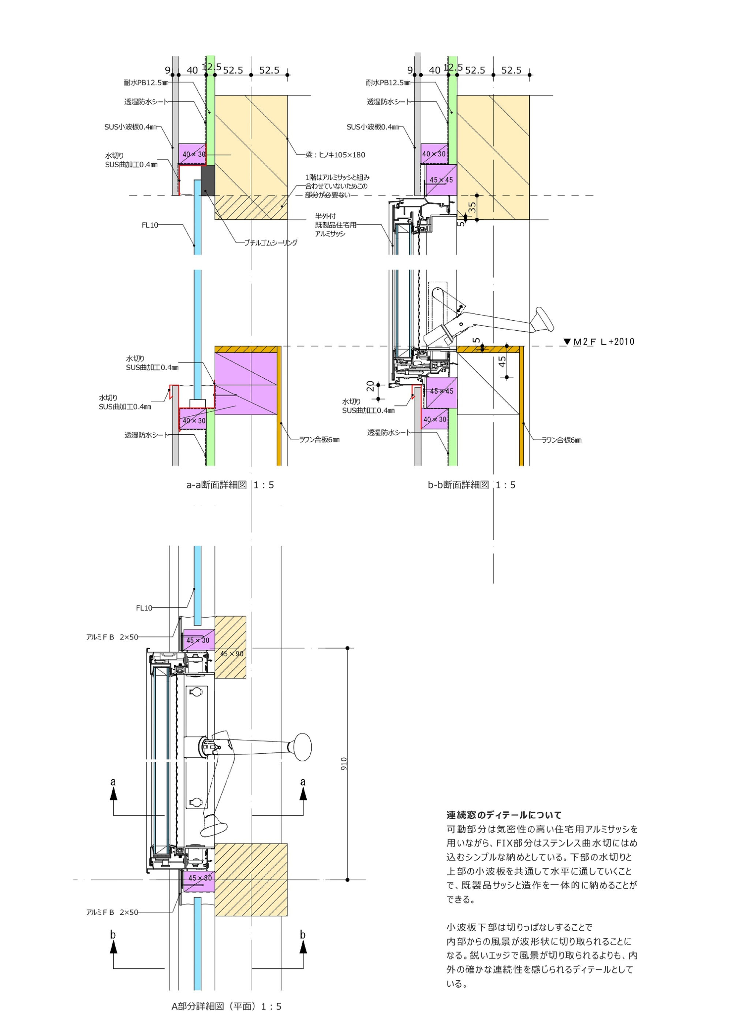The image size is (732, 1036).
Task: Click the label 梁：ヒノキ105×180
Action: pos(335,155)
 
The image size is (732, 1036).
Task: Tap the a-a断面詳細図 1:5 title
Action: pos(230,485)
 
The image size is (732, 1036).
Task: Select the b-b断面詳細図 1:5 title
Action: pos(471,485)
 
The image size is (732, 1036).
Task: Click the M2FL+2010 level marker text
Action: pos(604,342)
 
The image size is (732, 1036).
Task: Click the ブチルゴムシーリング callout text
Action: pos(270,243)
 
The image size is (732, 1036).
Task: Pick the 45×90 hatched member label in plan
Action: pos(232,654)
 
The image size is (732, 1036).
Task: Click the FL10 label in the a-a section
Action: pos(150,225)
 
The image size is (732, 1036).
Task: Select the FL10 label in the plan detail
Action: pos(144,608)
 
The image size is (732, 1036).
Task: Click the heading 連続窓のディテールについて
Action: pos(504,815)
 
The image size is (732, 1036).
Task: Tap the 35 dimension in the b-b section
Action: pos(472,207)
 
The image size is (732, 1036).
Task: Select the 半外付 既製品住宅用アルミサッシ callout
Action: pos(336,225)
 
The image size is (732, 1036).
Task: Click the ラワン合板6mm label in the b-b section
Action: pos(561,440)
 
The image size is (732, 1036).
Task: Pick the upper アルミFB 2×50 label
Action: pos(112,637)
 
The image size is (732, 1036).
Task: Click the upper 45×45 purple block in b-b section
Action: pos(441,179)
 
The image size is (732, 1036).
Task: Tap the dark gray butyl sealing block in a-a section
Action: pos(208,181)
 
